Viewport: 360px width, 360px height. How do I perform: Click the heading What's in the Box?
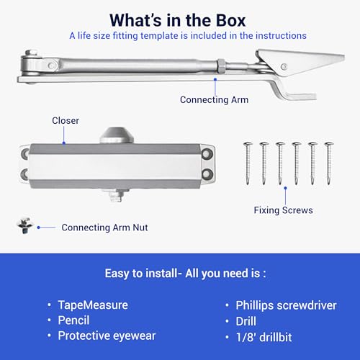coord(178,20)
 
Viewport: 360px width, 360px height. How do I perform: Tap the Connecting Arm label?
coord(214,99)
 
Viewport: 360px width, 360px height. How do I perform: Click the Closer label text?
coord(66,120)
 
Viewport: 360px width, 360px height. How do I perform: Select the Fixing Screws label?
coord(283,210)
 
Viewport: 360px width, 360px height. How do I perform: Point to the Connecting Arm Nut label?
coord(104,228)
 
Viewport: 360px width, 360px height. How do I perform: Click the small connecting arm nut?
coord(24,225)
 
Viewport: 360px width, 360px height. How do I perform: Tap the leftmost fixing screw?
coord(248,163)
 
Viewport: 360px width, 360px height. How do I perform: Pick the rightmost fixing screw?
coord(329,163)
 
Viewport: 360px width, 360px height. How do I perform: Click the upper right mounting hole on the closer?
coord(207,153)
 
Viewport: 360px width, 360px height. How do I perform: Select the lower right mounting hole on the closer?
coord(207,174)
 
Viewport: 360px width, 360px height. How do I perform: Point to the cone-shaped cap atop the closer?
coord(117,135)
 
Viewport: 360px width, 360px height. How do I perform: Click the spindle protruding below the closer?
coord(117,195)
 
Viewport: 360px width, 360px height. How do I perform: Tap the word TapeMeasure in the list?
coord(93,305)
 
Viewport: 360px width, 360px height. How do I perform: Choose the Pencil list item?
coord(73,320)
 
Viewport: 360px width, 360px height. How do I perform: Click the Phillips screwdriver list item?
coord(286,305)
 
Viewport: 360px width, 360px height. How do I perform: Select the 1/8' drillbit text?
coord(264,337)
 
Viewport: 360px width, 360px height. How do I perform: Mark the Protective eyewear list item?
coord(107,336)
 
